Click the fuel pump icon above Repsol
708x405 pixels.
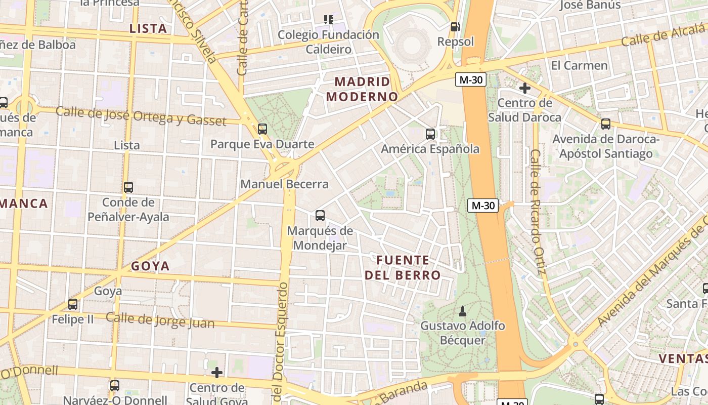[455, 27]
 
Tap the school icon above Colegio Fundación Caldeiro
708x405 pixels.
[329, 20]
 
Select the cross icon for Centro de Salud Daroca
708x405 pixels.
[524, 88]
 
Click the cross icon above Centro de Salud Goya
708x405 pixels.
[217, 373]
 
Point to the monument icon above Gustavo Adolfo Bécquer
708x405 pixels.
[462, 310]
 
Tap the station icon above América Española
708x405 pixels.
[430, 134]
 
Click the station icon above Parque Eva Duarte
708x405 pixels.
[262, 129]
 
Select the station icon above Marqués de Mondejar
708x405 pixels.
[320, 216]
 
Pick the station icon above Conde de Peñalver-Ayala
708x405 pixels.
[128, 187]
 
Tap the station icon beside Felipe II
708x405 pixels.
[73, 304]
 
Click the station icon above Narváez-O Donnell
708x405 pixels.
[115, 386]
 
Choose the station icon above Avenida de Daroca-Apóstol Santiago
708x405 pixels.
[605, 124]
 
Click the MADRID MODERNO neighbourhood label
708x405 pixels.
[362, 89]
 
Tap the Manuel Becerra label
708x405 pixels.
[284, 184]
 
